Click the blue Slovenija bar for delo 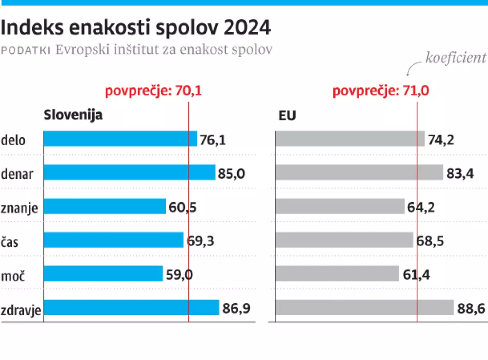[120, 139]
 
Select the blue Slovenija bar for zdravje [131, 307]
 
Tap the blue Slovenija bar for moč [103, 274]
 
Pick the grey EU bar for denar [359, 172]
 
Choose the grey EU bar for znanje [340, 206]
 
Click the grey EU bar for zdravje [365, 307]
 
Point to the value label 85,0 [232, 173]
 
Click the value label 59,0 [180, 275]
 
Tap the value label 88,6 [471, 308]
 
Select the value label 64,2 [421, 207]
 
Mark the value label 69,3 [201, 241]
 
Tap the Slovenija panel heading [73, 115]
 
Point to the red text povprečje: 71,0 [381, 90]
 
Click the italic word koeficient [456, 58]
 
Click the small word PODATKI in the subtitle [26, 50]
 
